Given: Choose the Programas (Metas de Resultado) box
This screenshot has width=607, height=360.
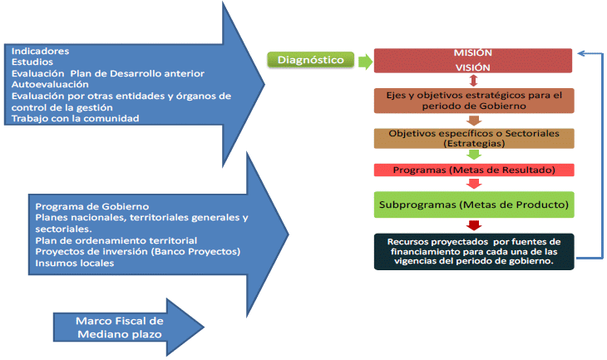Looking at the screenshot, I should [x=473, y=170].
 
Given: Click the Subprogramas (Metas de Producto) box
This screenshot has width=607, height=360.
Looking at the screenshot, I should [x=473, y=204].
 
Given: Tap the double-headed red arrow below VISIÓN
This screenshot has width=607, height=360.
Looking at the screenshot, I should [x=473, y=81].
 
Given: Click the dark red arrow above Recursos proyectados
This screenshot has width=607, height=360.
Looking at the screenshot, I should [x=473, y=225].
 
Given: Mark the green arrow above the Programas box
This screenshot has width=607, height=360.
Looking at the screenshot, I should [x=473, y=154].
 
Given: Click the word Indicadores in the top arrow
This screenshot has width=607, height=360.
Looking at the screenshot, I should [x=40, y=51].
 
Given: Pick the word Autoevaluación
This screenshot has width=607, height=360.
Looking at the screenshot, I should [x=50, y=84].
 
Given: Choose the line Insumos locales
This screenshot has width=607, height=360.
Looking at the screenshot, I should [x=75, y=264].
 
